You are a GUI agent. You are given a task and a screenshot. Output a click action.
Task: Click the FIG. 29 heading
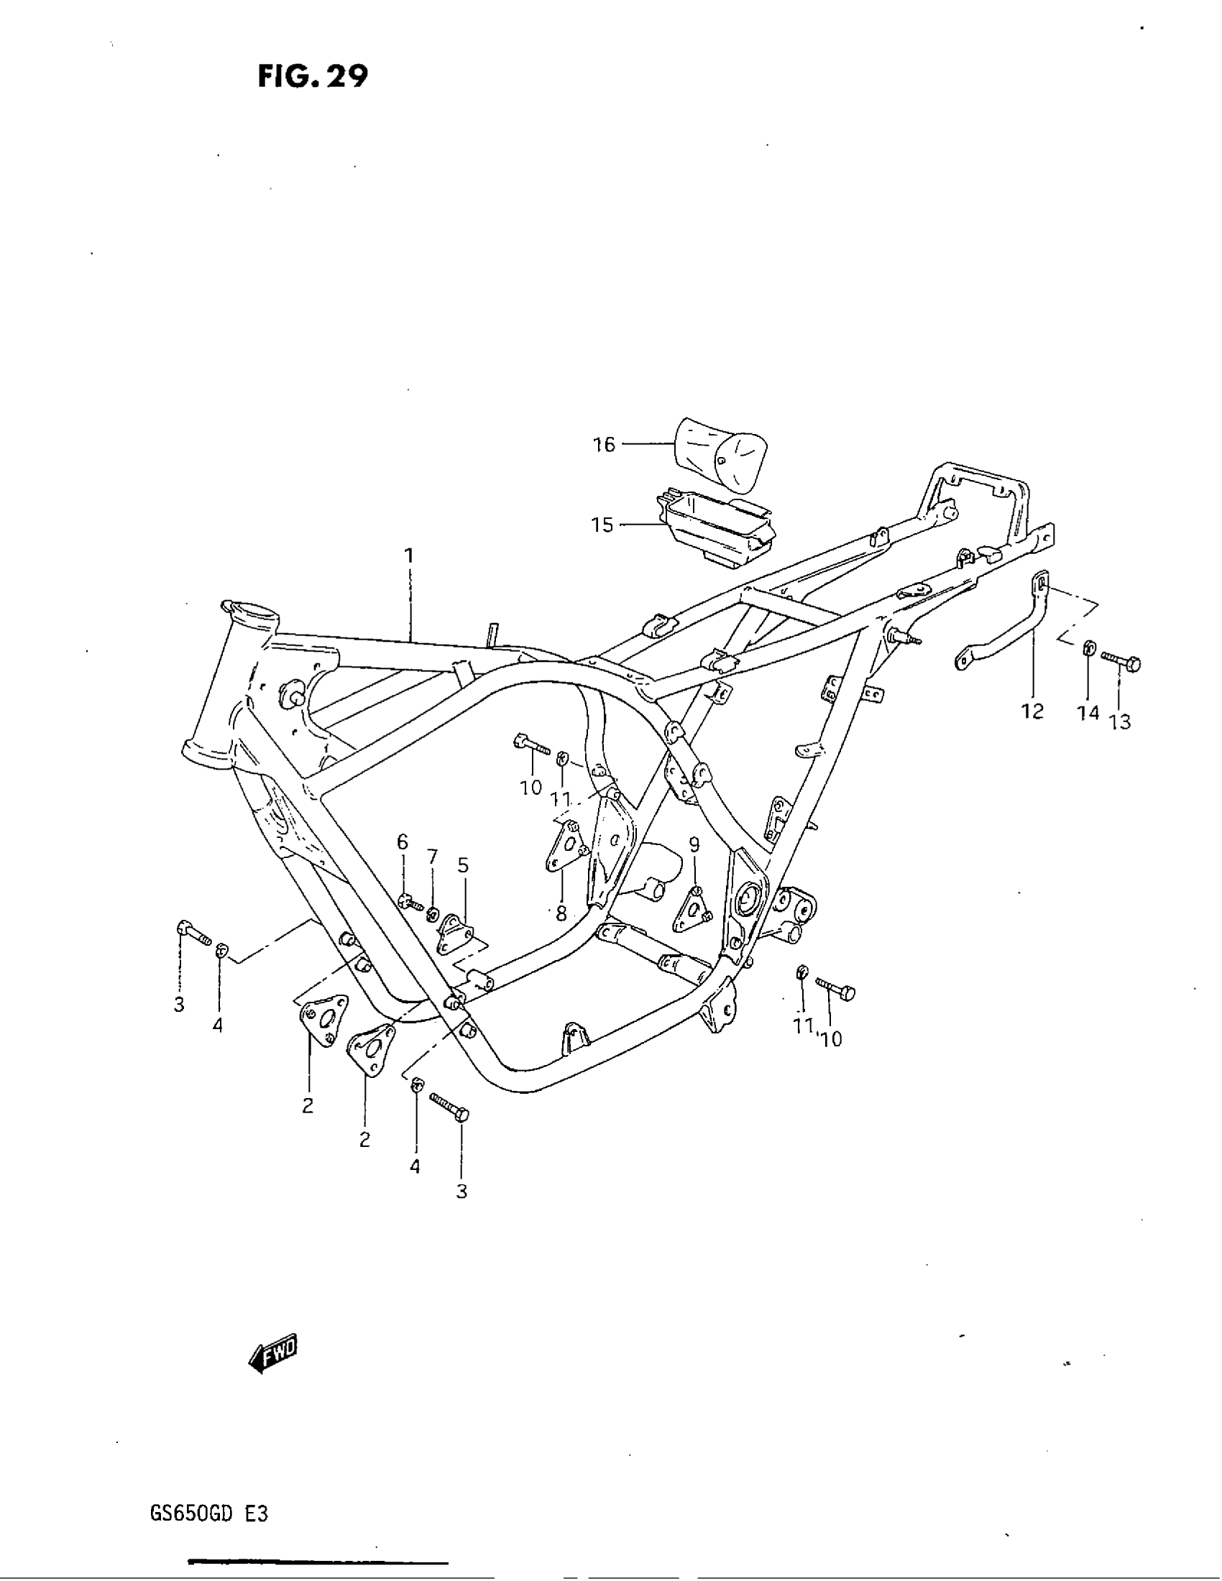pos(313,76)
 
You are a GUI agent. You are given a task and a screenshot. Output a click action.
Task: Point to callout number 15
pos(602,524)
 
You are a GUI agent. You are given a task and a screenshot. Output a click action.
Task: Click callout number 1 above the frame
pos(409,556)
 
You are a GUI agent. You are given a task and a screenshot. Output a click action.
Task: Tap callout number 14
pos(1088,713)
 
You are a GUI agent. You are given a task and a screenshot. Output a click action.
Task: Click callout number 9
pos(694,844)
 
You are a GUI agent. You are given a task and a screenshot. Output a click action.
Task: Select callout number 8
pos(561,913)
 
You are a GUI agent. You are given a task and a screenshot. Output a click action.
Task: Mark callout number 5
pos(463,865)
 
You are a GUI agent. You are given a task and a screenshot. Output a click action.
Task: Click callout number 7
pos(432,857)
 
